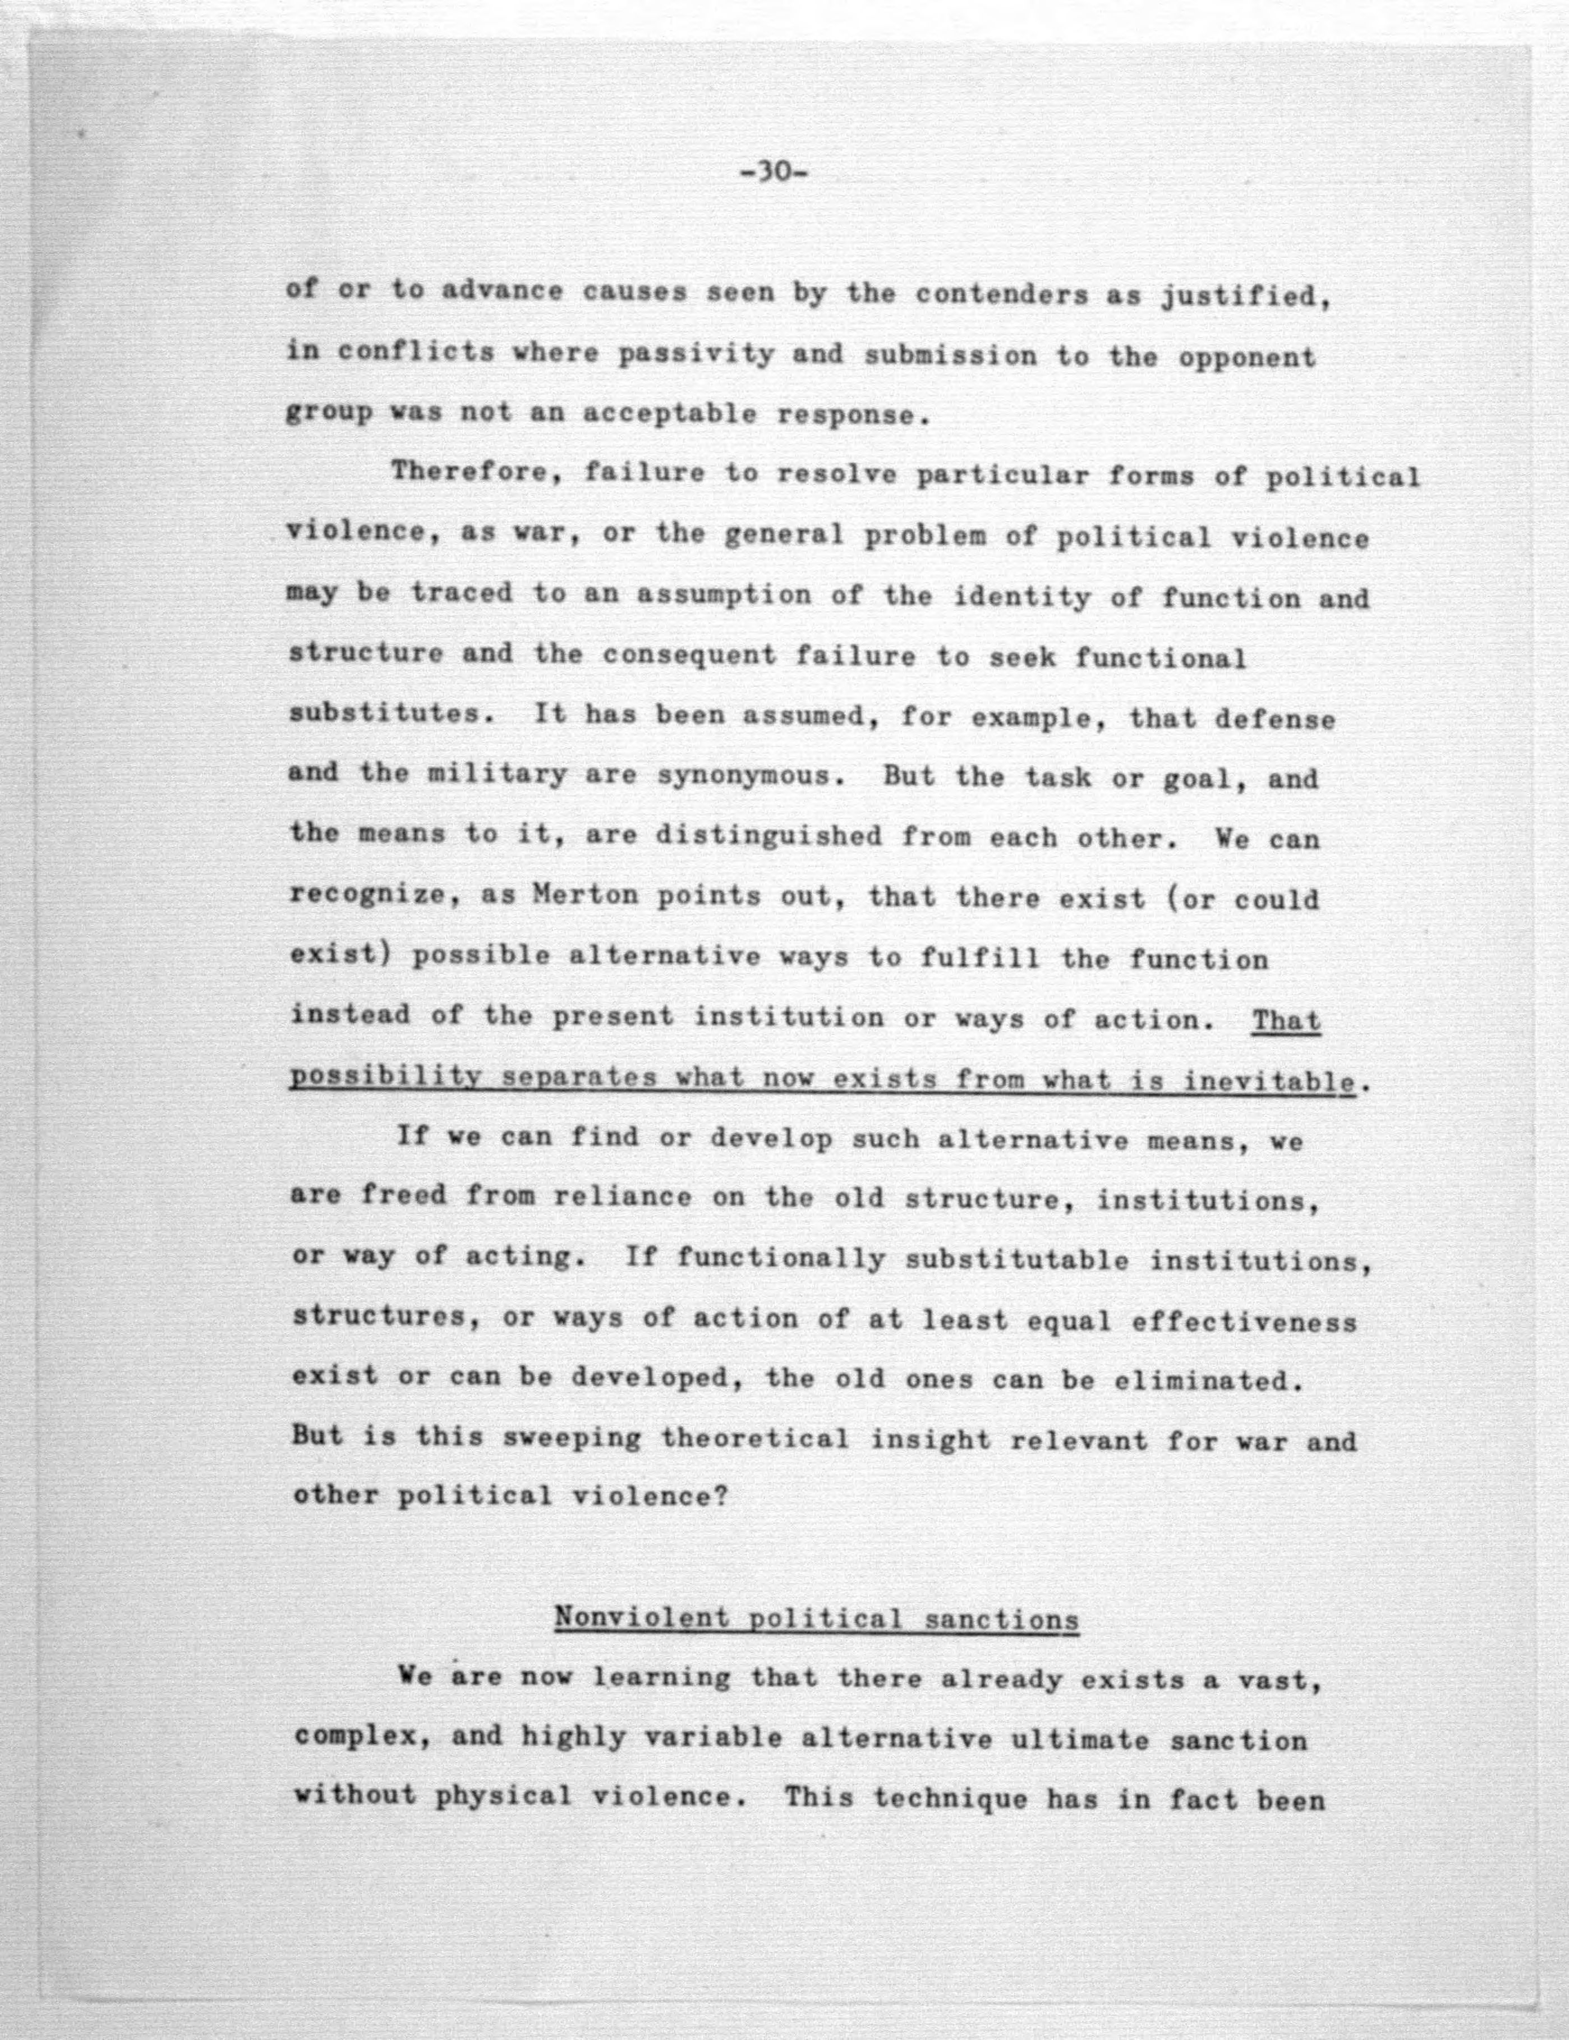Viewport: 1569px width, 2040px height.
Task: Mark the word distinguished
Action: tap(769, 835)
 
